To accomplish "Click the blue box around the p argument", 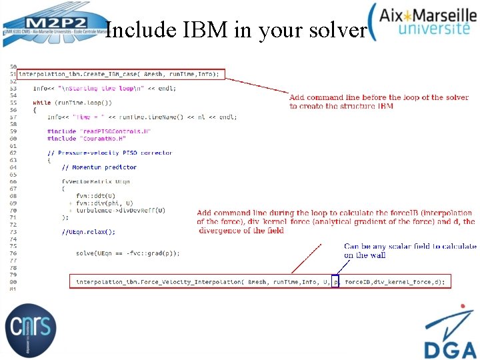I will tap(335, 282).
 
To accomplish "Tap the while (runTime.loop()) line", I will tap(73, 103).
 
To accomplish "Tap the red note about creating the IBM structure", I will tap(379, 101).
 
